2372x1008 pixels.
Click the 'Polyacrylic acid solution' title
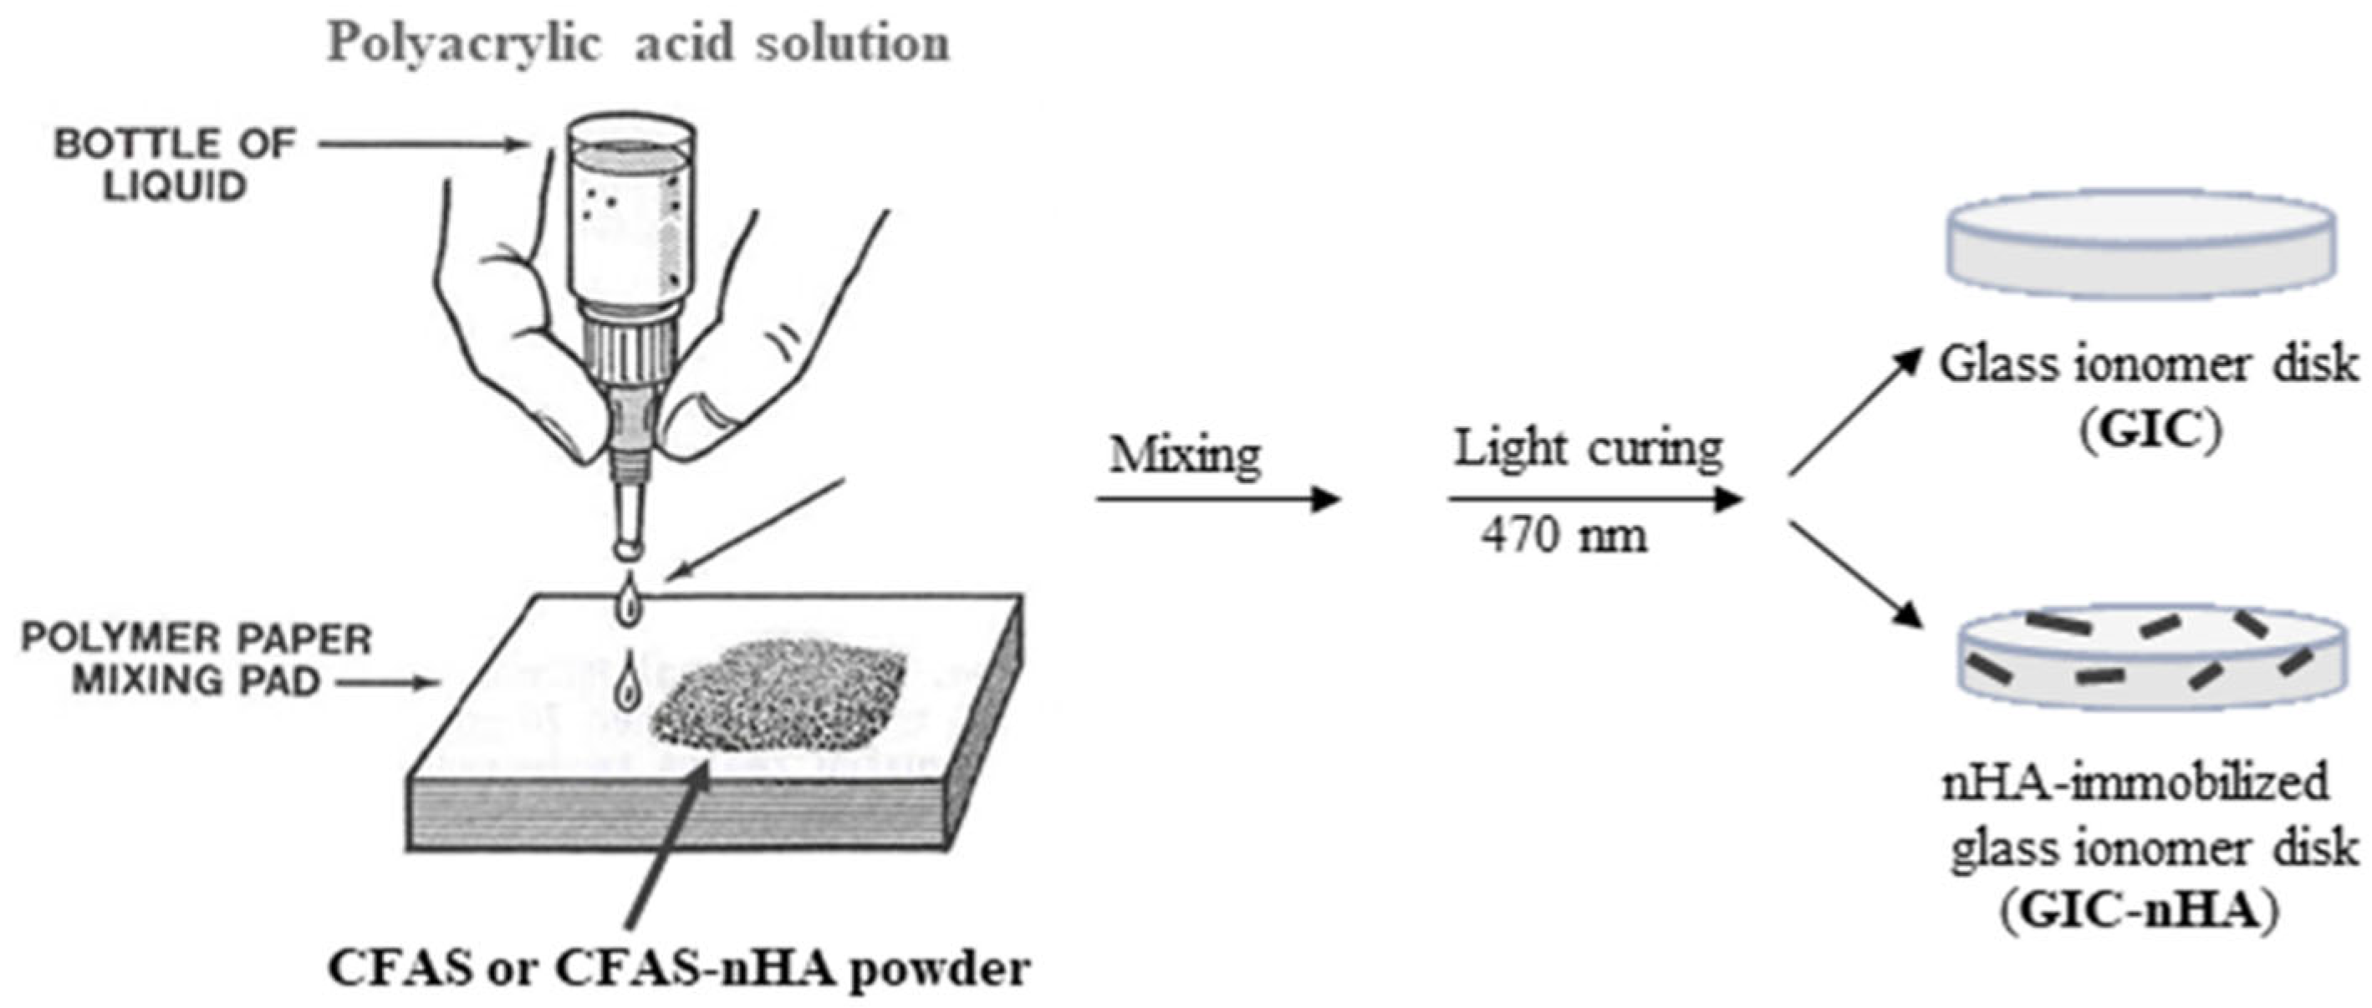tap(638, 43)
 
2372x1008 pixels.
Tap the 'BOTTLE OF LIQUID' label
tap(174, 165)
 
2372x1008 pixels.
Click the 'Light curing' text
tap(1588, 449)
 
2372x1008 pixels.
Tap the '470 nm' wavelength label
tap(1564, 535)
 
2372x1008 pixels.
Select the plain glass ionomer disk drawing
tap(2141, 247)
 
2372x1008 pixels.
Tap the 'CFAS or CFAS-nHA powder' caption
tap(679, 969)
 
